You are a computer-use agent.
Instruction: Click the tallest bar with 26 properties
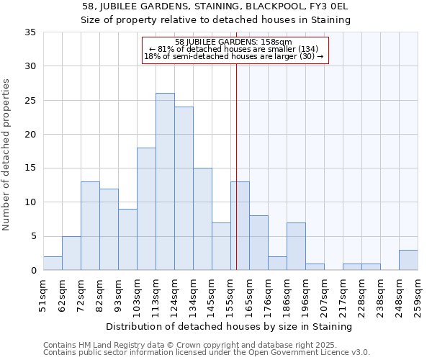click(x=165, y=181)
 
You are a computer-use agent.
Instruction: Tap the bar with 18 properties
click(x=146, y=209)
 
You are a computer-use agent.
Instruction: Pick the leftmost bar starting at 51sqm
click(x=53, y=264)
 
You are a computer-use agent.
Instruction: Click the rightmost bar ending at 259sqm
click(x=408, y=260)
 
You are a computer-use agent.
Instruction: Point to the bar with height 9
click(x=127, y=240)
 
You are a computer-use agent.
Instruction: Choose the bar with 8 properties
click(x=258, y=243)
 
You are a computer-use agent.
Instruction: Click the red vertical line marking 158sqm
click(x=236, y=180)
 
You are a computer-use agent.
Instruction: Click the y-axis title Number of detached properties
click(x=7, y=155)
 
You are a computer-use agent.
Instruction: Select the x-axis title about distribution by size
click(x=230, y=327)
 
